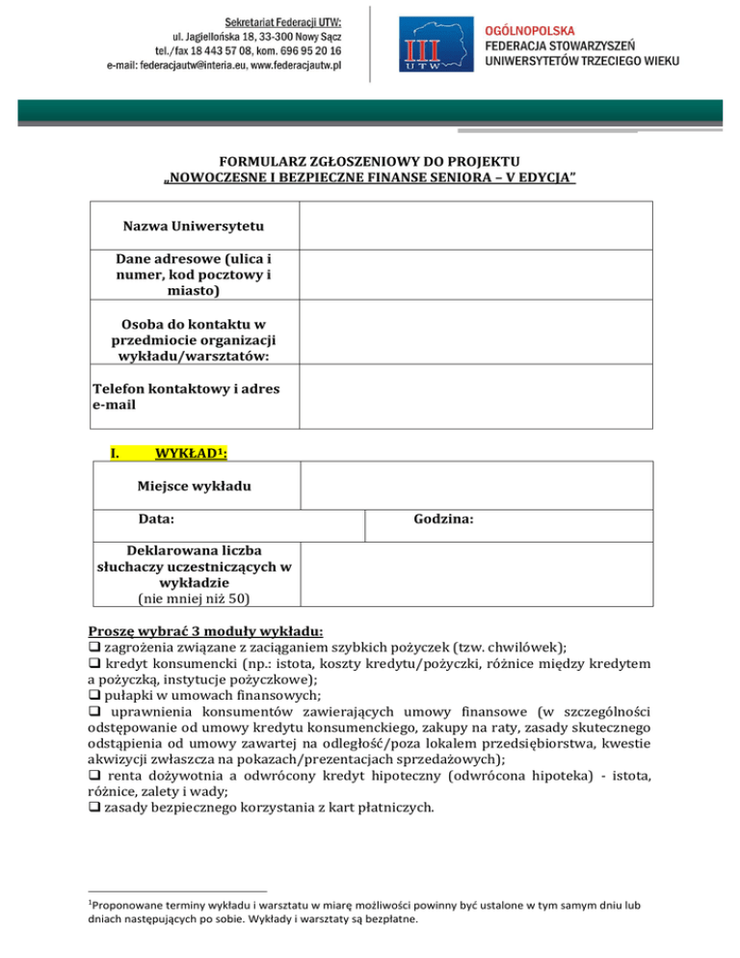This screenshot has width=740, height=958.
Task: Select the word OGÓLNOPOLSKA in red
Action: (529, 31)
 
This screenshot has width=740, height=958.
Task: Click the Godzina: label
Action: (442, 519)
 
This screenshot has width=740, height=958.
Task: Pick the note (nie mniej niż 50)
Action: (194, 599)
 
